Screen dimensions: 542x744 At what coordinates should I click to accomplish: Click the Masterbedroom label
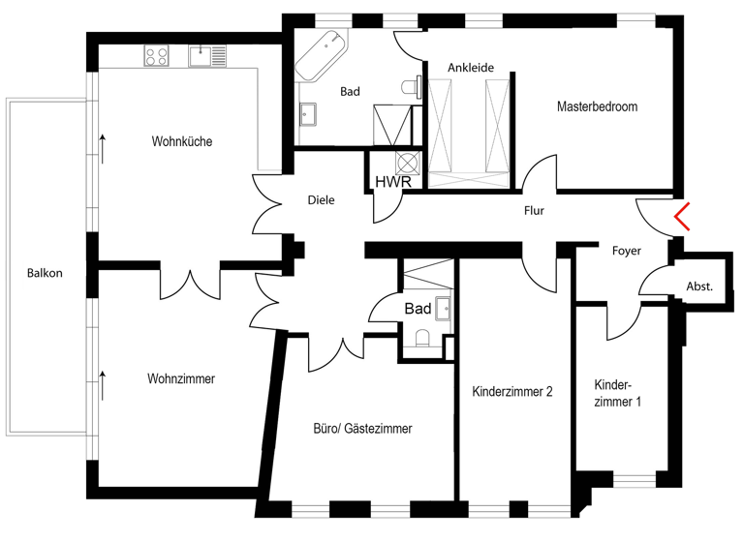[x=597, y=107]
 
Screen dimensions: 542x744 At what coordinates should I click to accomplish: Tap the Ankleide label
[x=471, y=69]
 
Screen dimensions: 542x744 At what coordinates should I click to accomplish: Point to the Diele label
[x=320, y=201]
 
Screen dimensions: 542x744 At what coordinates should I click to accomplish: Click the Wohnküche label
[x=181, y=142]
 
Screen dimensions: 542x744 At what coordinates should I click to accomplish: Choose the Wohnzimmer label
[x=181, y=379]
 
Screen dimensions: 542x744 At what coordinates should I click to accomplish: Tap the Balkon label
[x=45, y=274]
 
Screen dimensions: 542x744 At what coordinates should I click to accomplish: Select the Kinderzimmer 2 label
[x=511, y=392]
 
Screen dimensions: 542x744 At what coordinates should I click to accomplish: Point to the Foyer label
[x=627, y=252]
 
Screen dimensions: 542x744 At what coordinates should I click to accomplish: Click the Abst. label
[x=698, y=286]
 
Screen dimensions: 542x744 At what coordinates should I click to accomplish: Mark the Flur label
[x=534, y=210]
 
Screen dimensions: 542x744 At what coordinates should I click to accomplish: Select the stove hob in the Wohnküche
[x=157, y=56]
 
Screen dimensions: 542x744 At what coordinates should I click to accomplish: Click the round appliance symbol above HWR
[x=408, y=162]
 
